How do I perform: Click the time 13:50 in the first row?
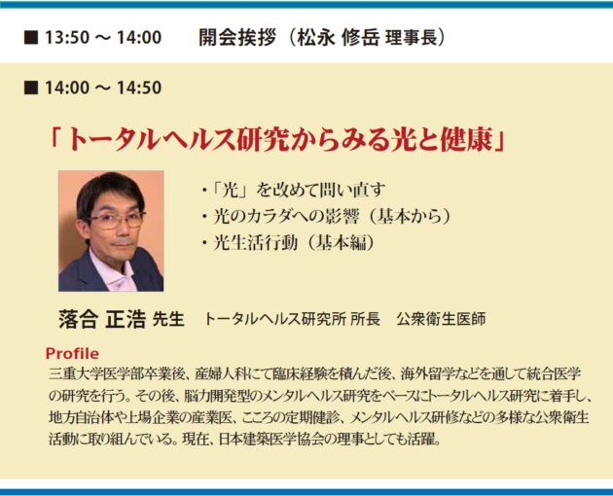pos(67,38)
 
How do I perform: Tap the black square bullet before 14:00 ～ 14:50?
pos(31,88)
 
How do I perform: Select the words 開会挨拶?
pos(237,38)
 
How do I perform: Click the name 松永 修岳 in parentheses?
pos(339,38)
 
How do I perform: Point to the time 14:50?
pos(139,88)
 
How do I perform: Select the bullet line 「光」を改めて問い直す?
pos(294,191)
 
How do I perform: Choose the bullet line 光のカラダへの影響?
pos(286,217)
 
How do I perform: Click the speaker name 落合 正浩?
pos(102,319)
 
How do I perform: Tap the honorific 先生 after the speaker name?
pos(168,319)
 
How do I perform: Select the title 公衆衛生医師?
pos(441,319)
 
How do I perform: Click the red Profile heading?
pos(72,353)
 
